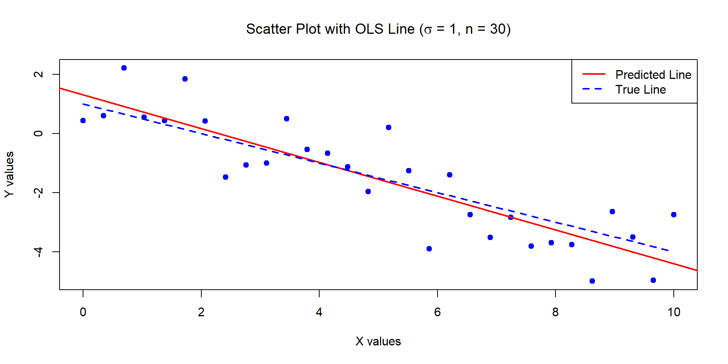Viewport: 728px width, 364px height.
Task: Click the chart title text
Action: (378, 29)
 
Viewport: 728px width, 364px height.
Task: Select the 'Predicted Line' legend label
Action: (653, 75)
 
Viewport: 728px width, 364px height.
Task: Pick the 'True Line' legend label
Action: (640, 89)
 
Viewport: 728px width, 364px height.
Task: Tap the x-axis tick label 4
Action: (319, 312)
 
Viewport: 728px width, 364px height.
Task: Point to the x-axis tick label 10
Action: (673, 312)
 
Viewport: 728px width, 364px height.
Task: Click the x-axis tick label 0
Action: (83, 312)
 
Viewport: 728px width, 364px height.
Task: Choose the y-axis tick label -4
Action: (38, 252)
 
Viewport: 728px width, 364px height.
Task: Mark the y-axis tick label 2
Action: (38, 74)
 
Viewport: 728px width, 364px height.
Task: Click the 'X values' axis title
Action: (378, 341)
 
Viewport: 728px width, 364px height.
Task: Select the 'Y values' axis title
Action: (9, 174)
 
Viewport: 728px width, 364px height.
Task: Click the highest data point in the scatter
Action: (124, 68)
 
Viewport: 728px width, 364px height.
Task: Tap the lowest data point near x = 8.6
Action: (592, 281)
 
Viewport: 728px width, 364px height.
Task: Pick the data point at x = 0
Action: (83, 121)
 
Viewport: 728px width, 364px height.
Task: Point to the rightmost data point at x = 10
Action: (674, 215)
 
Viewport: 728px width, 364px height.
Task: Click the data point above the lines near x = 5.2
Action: (389, 127)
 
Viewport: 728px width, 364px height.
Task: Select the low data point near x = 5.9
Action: (429, 249)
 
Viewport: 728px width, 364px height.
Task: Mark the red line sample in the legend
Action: (594, 74)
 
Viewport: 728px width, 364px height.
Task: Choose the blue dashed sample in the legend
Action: (594, 89)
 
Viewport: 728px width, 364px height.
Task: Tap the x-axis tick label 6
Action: (438, 312)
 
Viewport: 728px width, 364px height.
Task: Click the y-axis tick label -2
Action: (38, 193)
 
